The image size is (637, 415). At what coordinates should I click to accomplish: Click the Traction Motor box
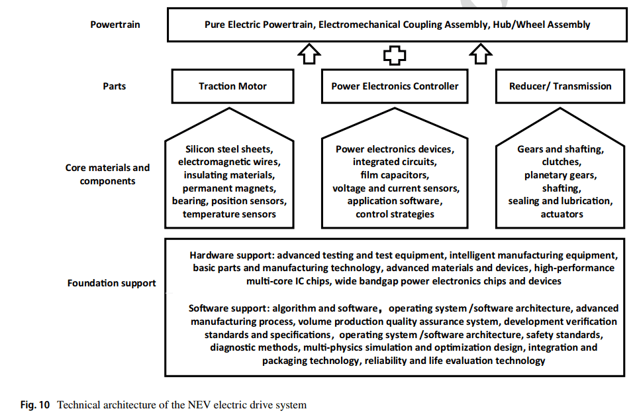(x=233, y=86)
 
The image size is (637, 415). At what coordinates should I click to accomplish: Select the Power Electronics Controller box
(x=395, y=86)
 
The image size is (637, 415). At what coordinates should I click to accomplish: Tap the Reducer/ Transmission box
(x=560, y=86)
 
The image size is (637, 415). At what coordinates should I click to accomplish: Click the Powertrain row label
(x=115, y=25)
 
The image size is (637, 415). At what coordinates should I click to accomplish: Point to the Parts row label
(x=115, y=86)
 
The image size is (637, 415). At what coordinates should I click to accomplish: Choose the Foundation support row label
(x=112, y=283)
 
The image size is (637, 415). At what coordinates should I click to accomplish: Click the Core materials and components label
(x=108, y=174)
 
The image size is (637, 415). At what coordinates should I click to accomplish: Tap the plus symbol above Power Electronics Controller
(x=395, y=55)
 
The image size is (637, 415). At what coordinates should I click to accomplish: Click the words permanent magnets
(x=229, y=188)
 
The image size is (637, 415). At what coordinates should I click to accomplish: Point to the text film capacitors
(x=395, y=175)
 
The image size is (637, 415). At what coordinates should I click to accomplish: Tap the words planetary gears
(x=560, y=175)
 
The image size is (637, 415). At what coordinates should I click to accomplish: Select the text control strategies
(x=395, y=214)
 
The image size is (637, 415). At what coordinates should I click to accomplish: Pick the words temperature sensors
(x=229, y=214)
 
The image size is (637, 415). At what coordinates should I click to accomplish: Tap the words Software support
(x=229, y=308)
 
